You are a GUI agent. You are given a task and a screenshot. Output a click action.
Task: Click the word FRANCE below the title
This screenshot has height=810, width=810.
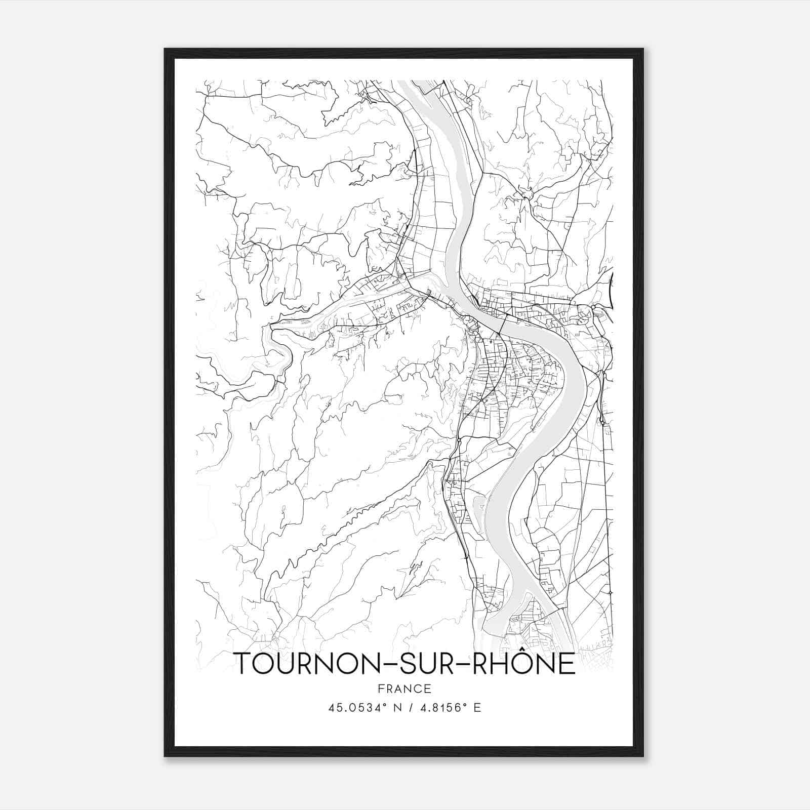[404, 688]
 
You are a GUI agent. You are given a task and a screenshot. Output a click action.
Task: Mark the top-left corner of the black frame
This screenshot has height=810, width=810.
[165, 49]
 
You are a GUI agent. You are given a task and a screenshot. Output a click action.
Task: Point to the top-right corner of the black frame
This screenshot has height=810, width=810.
[643, 49]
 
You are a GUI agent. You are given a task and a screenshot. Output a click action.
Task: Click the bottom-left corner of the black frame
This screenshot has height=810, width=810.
[165, 756]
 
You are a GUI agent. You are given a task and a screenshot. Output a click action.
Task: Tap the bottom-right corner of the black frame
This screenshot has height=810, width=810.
[643, 756]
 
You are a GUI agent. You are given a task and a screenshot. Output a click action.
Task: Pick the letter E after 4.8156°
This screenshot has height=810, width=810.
[477, 708]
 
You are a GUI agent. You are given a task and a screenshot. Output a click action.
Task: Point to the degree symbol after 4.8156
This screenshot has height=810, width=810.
[466, 705]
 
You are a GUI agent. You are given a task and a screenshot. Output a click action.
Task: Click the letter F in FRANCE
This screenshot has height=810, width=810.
[381, 688]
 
